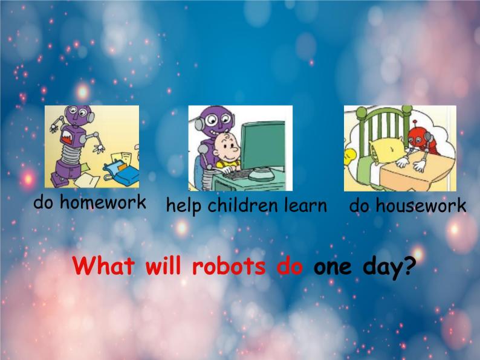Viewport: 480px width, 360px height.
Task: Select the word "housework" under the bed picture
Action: coord(420,206)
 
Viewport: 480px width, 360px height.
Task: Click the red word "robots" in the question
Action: coord(229,266)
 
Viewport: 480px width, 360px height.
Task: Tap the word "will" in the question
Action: coord(164,266)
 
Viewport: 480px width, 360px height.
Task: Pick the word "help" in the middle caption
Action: coord(184,206)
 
